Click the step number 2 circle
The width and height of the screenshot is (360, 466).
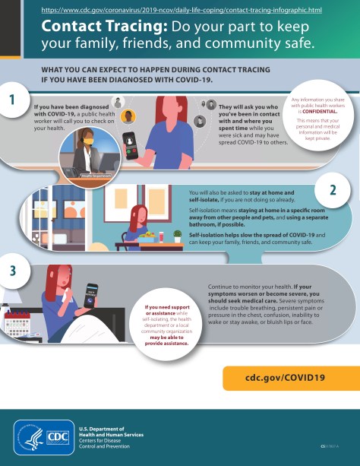332,189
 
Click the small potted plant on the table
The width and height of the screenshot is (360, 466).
177,236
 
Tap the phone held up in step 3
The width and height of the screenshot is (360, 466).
92,294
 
